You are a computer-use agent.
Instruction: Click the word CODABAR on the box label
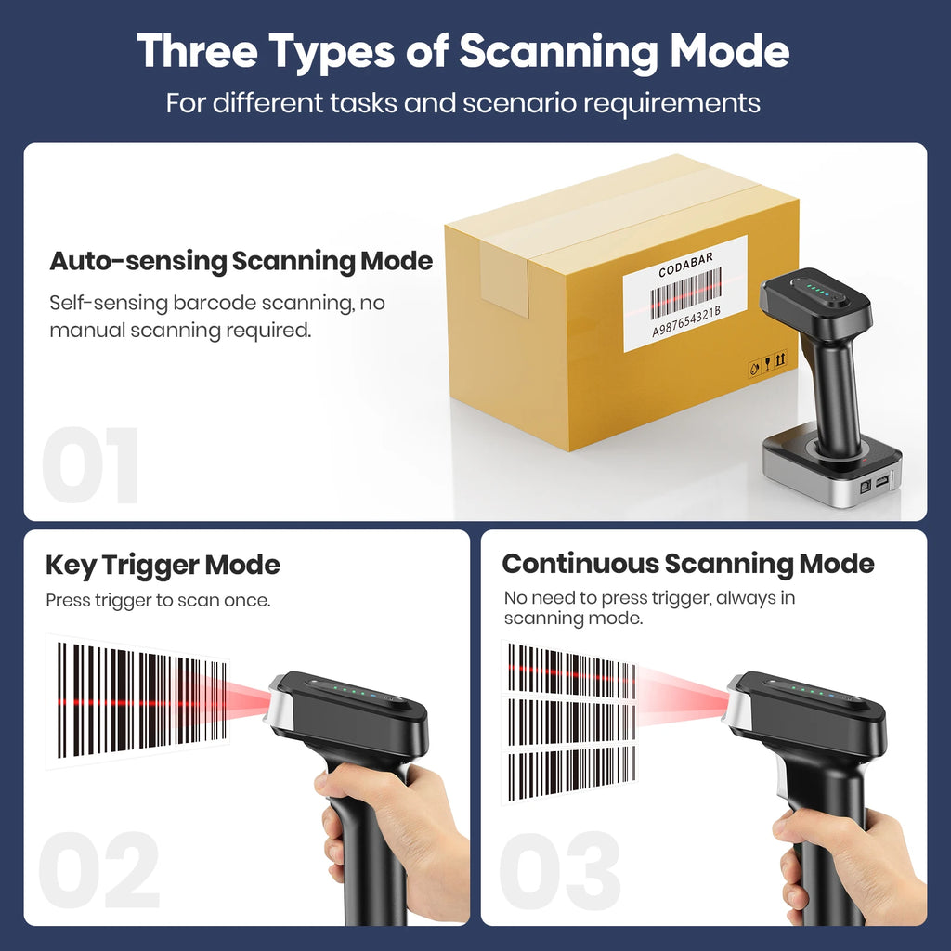tap(685, 265)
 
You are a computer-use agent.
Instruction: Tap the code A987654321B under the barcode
tap(686, 321)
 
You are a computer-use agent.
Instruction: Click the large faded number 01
tap(90, 464)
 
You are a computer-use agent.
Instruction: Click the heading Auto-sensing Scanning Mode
tap(241, 261)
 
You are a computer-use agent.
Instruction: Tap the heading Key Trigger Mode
tap(163, 566)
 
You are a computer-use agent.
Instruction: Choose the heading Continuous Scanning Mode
tap(688, 564)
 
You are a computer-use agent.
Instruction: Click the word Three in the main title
tap(197, 51)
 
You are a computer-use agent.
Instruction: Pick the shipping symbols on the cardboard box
tap(768, 363)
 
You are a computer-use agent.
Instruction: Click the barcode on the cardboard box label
tap(685, 293)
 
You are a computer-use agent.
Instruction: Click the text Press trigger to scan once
tap(158, 601)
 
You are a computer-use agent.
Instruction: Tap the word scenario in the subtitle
tap(520, 102)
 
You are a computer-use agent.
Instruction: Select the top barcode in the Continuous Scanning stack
tap(571, 671)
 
